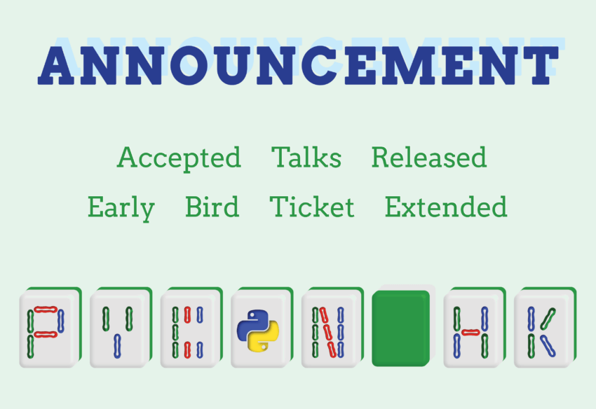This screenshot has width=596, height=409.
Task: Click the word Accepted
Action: [x=179, y=158]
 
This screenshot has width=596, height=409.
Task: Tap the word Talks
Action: [x=306, y=156]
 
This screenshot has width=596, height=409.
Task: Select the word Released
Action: [x=429, y=157]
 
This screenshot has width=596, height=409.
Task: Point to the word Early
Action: [x=121, y=208]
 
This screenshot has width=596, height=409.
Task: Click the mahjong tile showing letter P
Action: [x=50, y=327]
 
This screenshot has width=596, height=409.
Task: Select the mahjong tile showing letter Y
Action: [x=121, y=327]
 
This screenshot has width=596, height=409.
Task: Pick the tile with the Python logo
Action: [x=262, y=327]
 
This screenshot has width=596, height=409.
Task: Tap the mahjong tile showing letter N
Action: [x=332, y=327]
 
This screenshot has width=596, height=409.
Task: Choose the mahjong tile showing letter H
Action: [x=475, y=327]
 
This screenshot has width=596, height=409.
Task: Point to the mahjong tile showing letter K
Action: [x=545, y=327]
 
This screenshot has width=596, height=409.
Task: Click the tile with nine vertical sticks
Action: [x=191, y=327]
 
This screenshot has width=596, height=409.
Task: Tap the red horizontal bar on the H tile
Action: [x=470, y=333]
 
